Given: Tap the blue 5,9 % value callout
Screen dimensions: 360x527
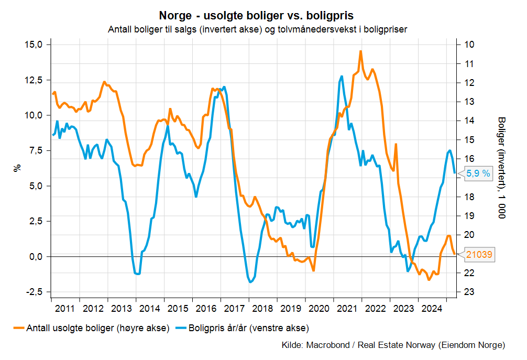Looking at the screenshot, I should [x=478, y=173].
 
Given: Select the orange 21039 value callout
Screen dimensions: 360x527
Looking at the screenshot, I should [x=478, y=255].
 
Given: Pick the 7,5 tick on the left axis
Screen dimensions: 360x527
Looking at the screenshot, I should [x=36, y=150].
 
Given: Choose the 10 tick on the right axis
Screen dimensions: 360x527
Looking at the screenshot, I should [x=469, y=45].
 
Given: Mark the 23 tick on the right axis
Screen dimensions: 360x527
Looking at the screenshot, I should [x=469, y=292].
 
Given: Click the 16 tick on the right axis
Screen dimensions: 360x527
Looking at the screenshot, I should [x=469, y=159].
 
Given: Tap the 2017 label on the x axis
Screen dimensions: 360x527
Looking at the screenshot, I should [x=235, y=308].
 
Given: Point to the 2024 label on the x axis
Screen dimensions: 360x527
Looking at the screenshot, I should [x=432, y=308].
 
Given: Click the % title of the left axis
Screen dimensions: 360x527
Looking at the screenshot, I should [x=17, y=168].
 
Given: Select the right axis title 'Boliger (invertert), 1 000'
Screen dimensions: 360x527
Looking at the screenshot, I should [x=501, y=168].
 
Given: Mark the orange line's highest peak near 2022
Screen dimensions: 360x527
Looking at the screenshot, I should [x=360, y=51].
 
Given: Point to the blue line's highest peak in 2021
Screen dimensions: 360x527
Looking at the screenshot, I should [x=342, y=77].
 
